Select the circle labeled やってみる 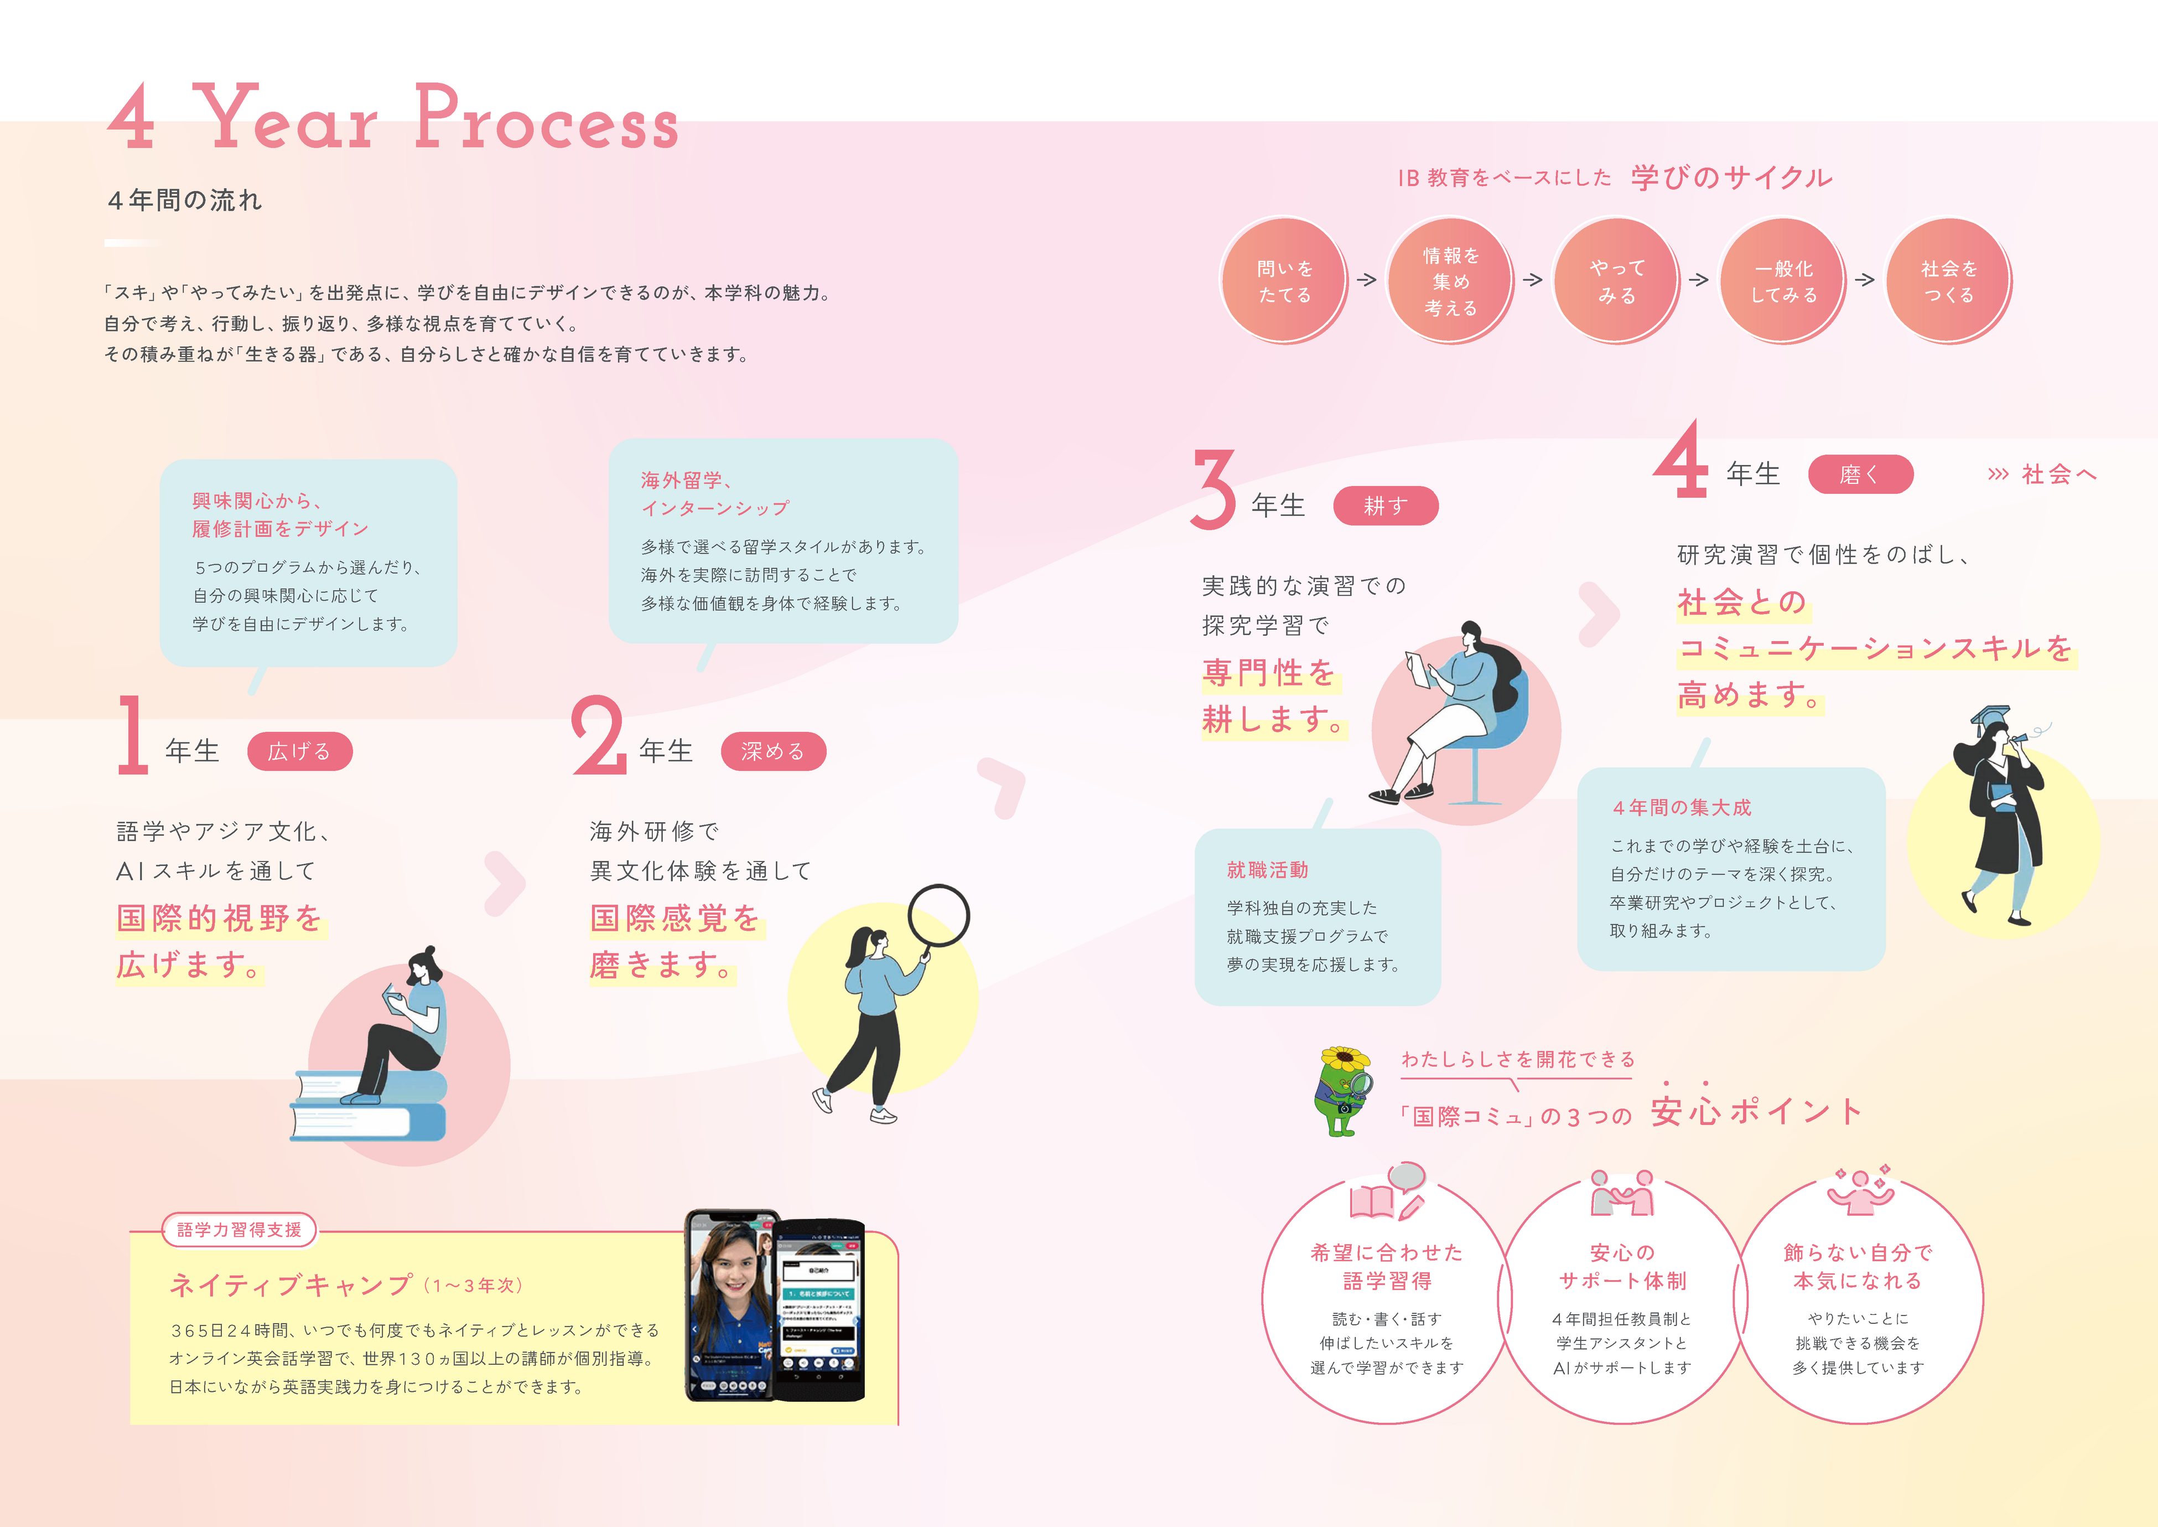(1617, 280)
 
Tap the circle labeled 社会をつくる (1948, 280)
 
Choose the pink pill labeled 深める (772, 751)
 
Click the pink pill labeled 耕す (1386, 506)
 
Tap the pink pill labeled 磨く (1859, 474)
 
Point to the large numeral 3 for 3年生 (1213, 489)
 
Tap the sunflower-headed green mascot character (1343, 1091)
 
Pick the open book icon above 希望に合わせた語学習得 (1372, 1201)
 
